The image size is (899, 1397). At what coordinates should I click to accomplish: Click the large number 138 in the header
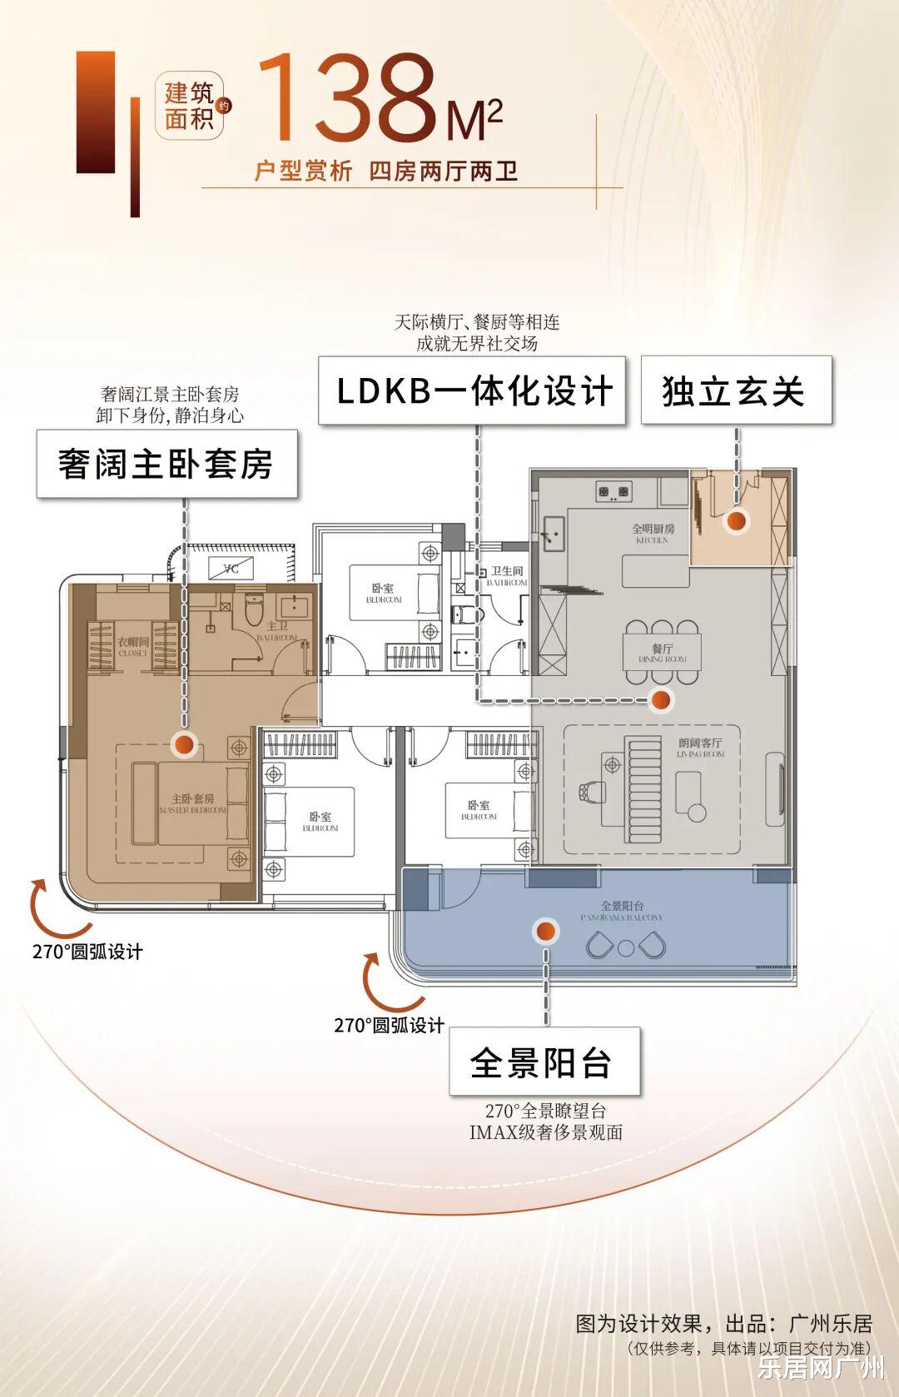pos(348,97)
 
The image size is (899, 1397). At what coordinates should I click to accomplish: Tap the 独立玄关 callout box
pos(736,390)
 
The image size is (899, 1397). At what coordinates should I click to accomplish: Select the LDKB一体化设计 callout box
pos(472,390)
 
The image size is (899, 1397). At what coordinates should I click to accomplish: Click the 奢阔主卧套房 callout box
pos(166,464)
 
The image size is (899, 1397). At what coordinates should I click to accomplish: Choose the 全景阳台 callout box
pos(544,1061)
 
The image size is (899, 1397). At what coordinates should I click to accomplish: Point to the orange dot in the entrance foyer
pos(736,521)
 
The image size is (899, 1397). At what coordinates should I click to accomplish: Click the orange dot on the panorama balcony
pos(545,930)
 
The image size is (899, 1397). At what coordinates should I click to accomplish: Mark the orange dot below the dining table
pos(661,700)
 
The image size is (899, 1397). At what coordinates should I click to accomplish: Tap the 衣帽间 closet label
pos(133,644)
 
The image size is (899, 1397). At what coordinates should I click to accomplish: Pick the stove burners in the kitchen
pos(613,492)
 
